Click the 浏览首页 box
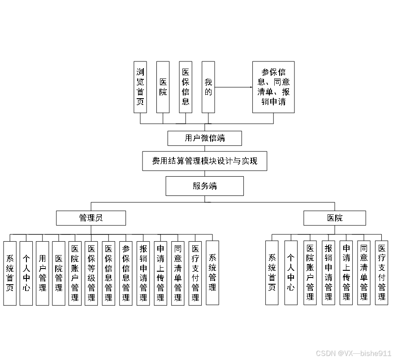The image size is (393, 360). (140, 87)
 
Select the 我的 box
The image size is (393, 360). (208, 87)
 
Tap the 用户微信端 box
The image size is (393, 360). (204, 138)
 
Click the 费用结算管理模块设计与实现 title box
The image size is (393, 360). (204, 161)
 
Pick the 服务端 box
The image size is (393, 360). (204, 186)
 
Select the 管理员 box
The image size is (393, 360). (91, 218)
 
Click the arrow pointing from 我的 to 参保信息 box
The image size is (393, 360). (233, 87)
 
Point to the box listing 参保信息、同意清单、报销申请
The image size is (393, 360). (273, 87)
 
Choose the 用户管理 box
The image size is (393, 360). (42, 273)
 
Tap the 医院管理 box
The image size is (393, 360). (59, 273)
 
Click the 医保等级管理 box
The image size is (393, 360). (91, 273)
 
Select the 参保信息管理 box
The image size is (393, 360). (126, 273)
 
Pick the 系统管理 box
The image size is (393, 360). (212, 273)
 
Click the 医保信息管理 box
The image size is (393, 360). (108, 273)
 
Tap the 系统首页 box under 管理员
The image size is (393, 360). (9, 273)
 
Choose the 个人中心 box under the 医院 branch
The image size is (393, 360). (291, 273)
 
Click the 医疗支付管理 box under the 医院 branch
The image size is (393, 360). (381, 273)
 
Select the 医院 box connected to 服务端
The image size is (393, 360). (334, 218)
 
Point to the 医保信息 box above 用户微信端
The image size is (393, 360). (186, 87)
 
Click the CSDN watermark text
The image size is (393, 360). (354, 353)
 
